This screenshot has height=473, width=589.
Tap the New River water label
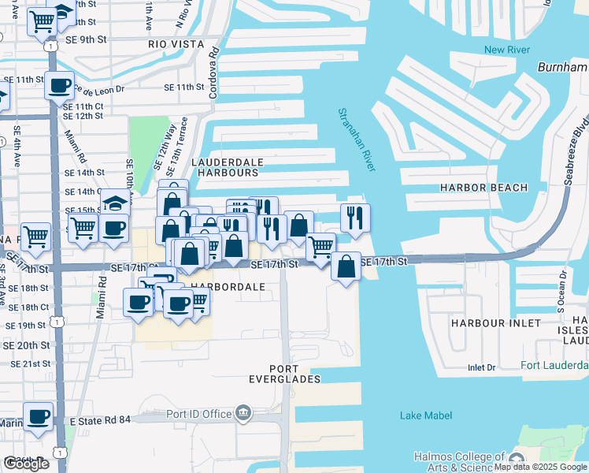[505, 50]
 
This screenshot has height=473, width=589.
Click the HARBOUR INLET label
[496, 323]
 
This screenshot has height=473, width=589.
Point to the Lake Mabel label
[422, 415]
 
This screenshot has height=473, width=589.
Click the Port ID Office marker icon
[243, 412]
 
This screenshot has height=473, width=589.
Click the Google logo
[26, 464]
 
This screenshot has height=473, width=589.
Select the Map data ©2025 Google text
[540, 467]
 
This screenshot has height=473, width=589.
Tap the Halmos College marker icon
[517, 459]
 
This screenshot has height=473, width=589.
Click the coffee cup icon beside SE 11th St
[59, 84]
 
